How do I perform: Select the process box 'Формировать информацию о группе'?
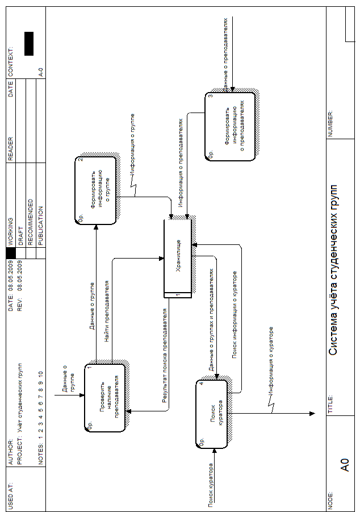click(96, 190)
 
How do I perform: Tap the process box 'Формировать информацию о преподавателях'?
click(230, 127)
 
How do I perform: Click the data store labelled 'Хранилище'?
click(178, 257)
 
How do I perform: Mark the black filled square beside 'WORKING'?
click(10, 252)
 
